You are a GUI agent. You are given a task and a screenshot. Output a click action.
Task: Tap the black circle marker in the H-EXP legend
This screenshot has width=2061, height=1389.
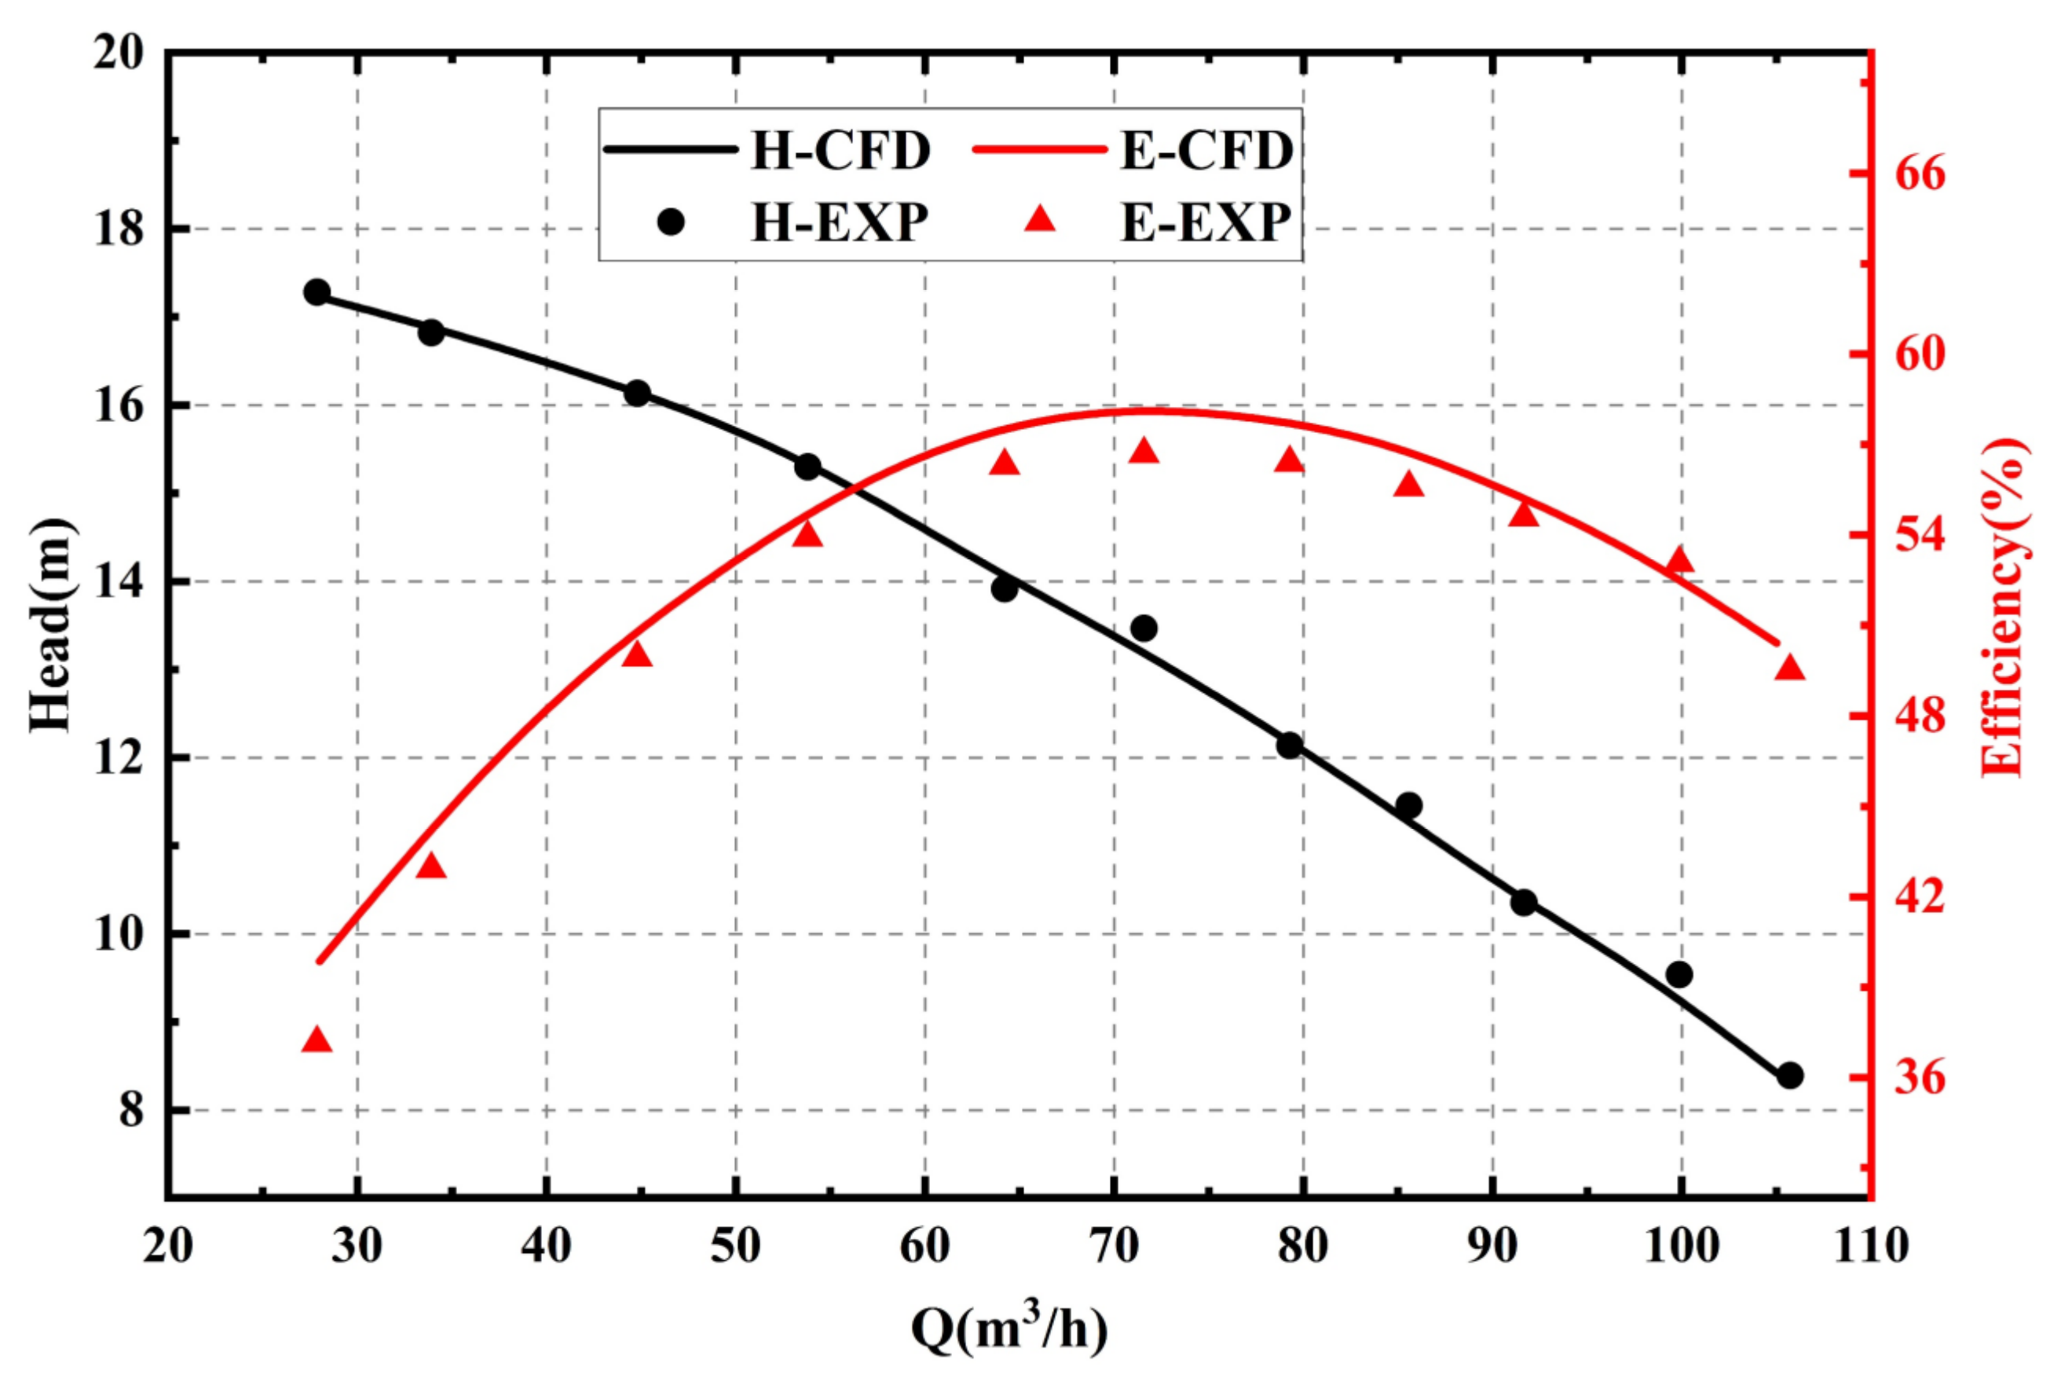(672, 222)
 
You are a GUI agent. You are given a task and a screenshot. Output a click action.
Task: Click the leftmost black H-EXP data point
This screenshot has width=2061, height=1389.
(317, 292)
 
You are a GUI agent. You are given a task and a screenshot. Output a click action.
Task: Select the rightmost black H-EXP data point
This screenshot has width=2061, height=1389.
(1791, 1076)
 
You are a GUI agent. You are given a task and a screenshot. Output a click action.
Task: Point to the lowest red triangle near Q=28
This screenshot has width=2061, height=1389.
(317, 1041)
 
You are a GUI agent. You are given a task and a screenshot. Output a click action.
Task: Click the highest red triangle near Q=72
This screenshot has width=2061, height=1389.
(1144, 452)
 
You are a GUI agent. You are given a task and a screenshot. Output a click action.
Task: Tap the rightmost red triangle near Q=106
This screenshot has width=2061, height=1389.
(1790, 668)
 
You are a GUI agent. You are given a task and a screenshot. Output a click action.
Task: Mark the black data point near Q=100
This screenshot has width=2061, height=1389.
(1679, 974)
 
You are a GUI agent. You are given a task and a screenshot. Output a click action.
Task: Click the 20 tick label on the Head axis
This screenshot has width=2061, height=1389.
(118, 55)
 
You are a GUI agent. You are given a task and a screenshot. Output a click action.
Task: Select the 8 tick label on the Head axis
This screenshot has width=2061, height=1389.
(131, 1110)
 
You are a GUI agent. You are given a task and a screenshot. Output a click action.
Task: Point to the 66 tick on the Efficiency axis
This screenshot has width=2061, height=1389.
(1920, 174)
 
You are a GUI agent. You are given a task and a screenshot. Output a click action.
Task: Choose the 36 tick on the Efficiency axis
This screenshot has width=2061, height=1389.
(1920, 1078)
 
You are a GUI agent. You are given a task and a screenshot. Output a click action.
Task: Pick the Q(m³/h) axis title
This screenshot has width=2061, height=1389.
(1010, 1329)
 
